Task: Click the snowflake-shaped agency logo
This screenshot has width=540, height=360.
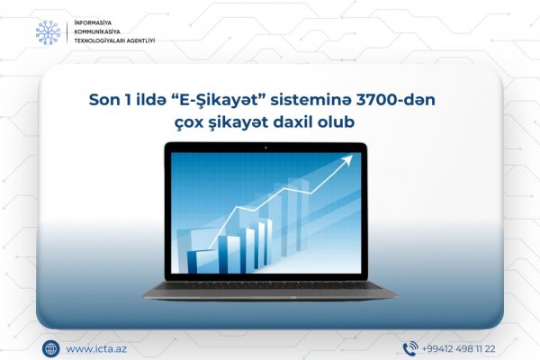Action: pos(49,32)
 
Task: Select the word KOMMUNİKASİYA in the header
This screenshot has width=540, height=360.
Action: pos(97,31)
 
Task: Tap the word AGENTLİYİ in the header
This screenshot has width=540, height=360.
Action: pos(141,40)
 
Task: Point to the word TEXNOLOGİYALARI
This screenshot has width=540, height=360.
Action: pos(100,40)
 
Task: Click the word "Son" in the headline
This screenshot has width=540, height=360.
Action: pos(101,100)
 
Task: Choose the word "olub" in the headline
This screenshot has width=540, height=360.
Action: pos(336,122)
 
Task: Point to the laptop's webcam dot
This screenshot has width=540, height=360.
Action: pos(265,148)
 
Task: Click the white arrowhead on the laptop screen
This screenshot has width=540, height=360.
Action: pos(347,160)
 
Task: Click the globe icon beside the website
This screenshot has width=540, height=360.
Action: pos(50,348)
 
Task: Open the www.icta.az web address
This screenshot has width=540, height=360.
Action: pos(96,349)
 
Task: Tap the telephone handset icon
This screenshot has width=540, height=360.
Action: pos(410,348)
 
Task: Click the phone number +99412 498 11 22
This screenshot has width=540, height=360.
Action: pos(458,349)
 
